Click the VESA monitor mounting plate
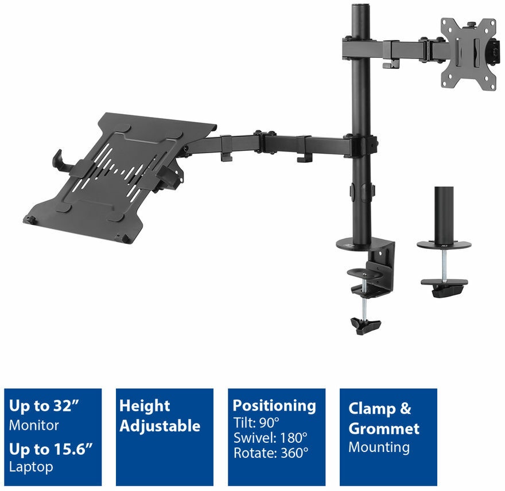468,54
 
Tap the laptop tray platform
119,177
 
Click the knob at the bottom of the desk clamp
366,325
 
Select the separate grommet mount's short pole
444,215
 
